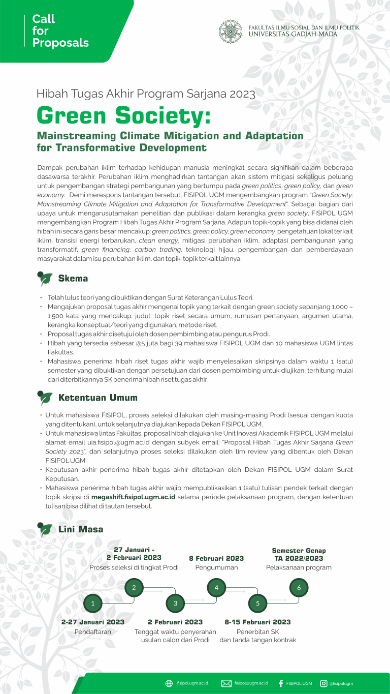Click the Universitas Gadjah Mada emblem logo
pos(231,32)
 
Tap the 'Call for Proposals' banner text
pos(60,31)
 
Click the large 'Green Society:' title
pos(123,116)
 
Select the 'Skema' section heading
pos(73,279)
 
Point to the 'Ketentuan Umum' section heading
pos(98,398)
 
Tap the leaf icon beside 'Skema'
pos(45,279)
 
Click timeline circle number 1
pos(93,604)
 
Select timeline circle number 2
pos(134,588)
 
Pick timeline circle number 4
pos(216,588)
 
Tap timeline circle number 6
pos(299,588)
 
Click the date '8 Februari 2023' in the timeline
pos(216,558)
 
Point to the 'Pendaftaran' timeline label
pos(93,632)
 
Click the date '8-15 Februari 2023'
pos(258,622)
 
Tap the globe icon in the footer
pos(169,683)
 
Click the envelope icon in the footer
pos(226,683)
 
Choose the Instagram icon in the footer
pos(323,683)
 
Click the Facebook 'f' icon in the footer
pos(281,683)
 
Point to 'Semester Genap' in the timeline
pos(299,551)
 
